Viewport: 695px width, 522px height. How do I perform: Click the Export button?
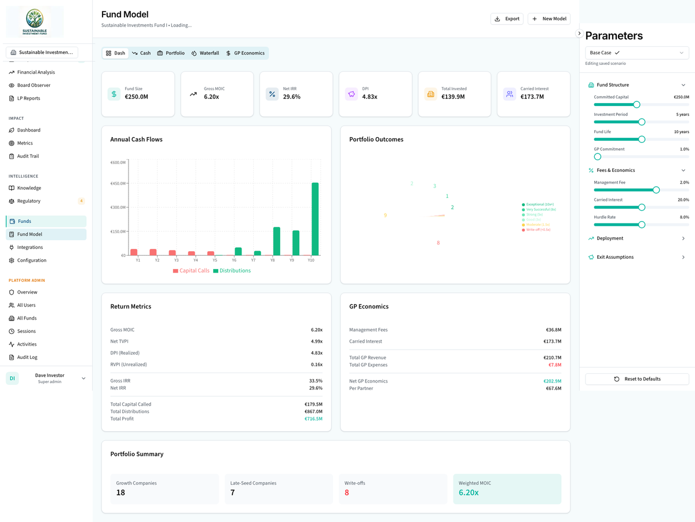pyautogui.click(x=507, y=19)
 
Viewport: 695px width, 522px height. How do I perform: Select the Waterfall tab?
pyautogui.click(x=205, y=53)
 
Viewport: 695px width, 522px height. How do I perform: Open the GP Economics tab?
pyautogui.click(x=245, y=53)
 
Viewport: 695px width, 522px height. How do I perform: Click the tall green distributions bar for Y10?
pyautogui.click(x=315, y=219)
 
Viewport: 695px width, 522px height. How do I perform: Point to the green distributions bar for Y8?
pyautogui.click(x=277, y=241)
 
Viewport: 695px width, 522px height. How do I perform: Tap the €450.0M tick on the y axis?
pyautogui.click(x=118, y=183)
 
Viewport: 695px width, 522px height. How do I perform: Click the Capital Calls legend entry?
pyautogui.click(x=191, y=271)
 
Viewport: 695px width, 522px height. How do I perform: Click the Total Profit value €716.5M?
pyautogui.click(x=313, y=419)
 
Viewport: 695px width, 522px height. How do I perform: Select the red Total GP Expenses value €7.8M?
pyautogui.click(x=554, y=365)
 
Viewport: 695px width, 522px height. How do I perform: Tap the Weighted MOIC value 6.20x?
pyautogui.click(x=469, y=492)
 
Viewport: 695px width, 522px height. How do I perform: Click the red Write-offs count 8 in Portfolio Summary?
pyautogui.click(x=347, y=492)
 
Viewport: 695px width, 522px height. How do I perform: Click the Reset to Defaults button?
pyautogui.click(x=637, y=379)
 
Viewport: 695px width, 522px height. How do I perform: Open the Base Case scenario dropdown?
pyautogui.click(x=637, y=53)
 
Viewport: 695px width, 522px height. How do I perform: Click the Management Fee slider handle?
pyautogui.click(x=656, y=190)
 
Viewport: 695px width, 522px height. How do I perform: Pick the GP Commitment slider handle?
pyautogui.click(x=598, y=157)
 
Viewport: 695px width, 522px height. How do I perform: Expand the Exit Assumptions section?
pyautogui.click(x=637, y=257)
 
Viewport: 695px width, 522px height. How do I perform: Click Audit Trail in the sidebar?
pyautogui.click(x=28, y=156)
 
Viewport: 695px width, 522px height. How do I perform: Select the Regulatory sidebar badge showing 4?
pyautogui.click(x=81, y=201)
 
